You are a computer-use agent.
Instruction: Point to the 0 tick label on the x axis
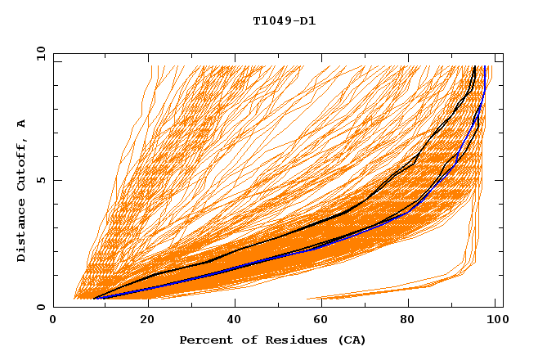pos(53,320)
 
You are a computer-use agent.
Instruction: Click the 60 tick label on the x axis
pos(320,320)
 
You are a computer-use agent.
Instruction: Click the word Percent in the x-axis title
pos(204,340)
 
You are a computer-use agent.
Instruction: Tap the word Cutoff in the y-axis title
pos(21,164)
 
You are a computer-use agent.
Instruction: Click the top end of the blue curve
pos(486,67)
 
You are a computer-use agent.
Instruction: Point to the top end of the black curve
pos(474,67)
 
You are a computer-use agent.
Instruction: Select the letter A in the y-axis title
pos(21,124)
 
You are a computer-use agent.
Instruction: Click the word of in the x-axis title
pos(243,340)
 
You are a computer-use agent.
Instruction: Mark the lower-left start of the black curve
pos(94,299)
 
